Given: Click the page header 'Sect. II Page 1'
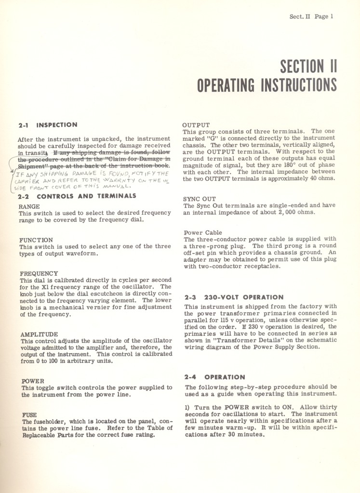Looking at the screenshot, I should click(311, 16).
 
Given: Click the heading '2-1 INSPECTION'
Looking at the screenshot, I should click(48, 125).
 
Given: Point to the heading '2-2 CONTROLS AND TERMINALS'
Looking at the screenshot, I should click(77, 196).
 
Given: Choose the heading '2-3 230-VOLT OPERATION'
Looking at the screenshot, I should click(234, 298).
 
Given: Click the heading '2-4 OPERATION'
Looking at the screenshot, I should click(214, 377).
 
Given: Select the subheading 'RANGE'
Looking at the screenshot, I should click(29, 206).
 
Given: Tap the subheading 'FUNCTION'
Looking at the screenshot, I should click(36, 240).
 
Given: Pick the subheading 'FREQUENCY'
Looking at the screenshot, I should click(39, 274).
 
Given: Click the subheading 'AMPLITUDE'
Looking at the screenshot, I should click(39, 334).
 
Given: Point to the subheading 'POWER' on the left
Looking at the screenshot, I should click(32, 381).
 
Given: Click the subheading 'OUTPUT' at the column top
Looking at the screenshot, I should click(196, 125).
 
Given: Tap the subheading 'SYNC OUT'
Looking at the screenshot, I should click(200, 199).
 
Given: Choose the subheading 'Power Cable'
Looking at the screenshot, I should click(203, 233).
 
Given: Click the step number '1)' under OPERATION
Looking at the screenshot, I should click(188, 407).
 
